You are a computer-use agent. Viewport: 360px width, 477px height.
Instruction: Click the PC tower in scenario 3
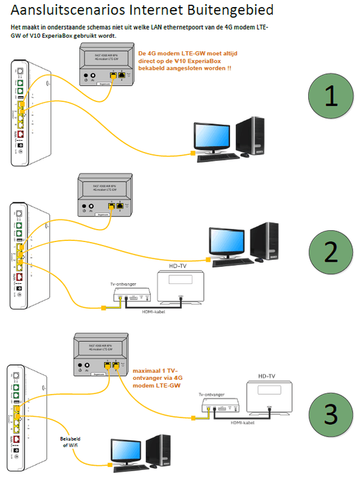coord(162,450)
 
